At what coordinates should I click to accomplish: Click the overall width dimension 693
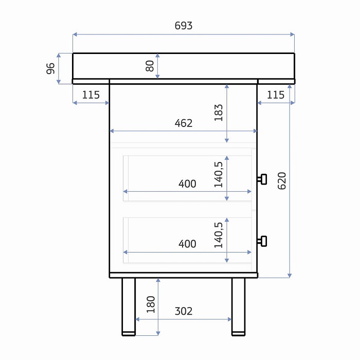[184, 26]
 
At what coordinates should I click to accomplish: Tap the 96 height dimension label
[50, 68]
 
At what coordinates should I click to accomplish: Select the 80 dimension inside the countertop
[150, 66]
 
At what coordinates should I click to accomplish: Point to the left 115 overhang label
[91, 95]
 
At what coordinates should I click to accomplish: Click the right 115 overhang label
[276, 95]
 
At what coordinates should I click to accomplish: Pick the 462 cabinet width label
[184, 123]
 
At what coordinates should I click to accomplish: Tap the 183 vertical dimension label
[219, 113]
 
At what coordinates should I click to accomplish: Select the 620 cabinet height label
[282, 181]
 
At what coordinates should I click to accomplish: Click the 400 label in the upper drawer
[187, 184]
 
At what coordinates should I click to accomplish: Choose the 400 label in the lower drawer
[187, 244]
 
